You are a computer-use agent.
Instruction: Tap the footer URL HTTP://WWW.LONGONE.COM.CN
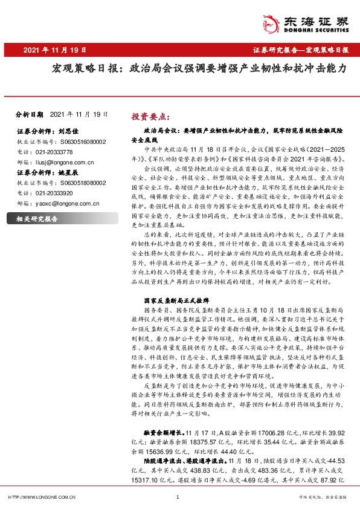click(40, 497)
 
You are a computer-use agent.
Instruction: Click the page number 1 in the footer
click(178, 497)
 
